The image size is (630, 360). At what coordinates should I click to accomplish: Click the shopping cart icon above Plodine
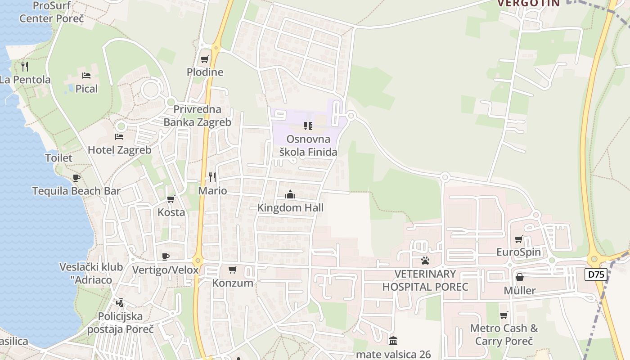(205, 59)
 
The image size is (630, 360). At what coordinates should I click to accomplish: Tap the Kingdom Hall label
(290, 207)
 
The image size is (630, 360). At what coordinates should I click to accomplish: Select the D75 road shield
(596, 274)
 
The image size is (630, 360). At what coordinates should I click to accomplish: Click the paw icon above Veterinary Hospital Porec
(425, 260)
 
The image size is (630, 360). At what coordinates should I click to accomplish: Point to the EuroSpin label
(518, 252)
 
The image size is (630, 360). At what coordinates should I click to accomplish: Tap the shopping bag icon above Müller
(520, 277)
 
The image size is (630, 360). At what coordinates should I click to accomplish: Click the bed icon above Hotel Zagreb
(119, 136)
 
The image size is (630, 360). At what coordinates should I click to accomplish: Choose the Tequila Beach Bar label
(76, 191)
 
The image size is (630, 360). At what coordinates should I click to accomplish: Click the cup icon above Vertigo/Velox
(166, 256)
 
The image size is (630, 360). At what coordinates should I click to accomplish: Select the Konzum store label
(233, 283)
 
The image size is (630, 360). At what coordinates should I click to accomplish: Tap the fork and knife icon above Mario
(212, 177)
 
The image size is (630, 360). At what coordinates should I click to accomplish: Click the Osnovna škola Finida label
(308, 145)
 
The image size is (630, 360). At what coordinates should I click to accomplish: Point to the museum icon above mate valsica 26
(393, 341)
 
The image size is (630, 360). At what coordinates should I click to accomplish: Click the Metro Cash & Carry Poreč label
(504, 334)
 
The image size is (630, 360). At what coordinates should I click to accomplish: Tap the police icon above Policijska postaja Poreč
(120, 303)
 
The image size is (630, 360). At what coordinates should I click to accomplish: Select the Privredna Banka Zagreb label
(197, 116)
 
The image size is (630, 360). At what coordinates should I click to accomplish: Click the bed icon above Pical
(86, 75)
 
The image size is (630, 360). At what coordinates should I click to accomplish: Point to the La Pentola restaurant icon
(25, 67)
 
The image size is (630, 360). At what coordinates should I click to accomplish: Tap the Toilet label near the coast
(58, 158)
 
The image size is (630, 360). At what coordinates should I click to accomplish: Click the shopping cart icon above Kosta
(171, 199)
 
